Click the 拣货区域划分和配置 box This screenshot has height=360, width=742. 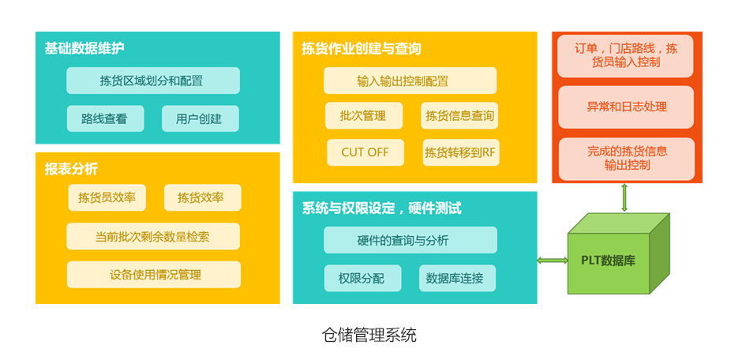(153, 81)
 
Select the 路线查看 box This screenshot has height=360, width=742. (105, 118)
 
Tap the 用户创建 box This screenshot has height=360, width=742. (200, 118)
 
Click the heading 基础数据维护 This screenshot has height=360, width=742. (84, 48)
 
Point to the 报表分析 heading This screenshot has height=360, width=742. (72, 170)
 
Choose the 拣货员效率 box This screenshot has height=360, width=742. (107, 197)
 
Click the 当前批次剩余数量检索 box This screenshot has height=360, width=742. (153, 237)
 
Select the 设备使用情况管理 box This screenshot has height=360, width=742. (154, 275)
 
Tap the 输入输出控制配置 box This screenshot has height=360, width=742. (410, 81)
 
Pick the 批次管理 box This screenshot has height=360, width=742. (364, 115)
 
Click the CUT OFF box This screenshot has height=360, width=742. (365, 152)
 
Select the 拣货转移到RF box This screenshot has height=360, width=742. (461, 152)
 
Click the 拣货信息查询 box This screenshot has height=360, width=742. (459, 115)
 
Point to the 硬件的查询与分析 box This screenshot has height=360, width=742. (410, 240)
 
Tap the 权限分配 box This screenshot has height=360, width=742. (362, 278)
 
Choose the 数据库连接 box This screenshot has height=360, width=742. (458, 278)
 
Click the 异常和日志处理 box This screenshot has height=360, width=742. (627, 107)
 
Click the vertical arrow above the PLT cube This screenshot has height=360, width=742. (624, 197)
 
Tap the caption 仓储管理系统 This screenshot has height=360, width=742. (369, 336)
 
